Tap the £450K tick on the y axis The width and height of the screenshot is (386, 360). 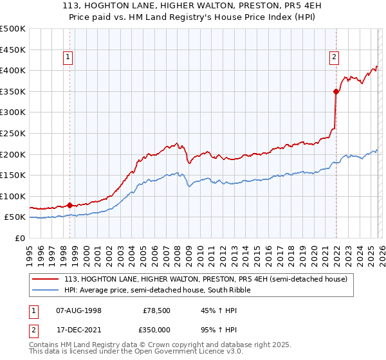coord(13,50)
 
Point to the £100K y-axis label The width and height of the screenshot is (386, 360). coord(13,196)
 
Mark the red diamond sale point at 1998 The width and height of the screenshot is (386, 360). coord(69,205)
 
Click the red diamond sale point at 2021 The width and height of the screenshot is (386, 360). coord(336,91)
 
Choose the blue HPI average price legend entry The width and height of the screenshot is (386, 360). coord(157,290)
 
